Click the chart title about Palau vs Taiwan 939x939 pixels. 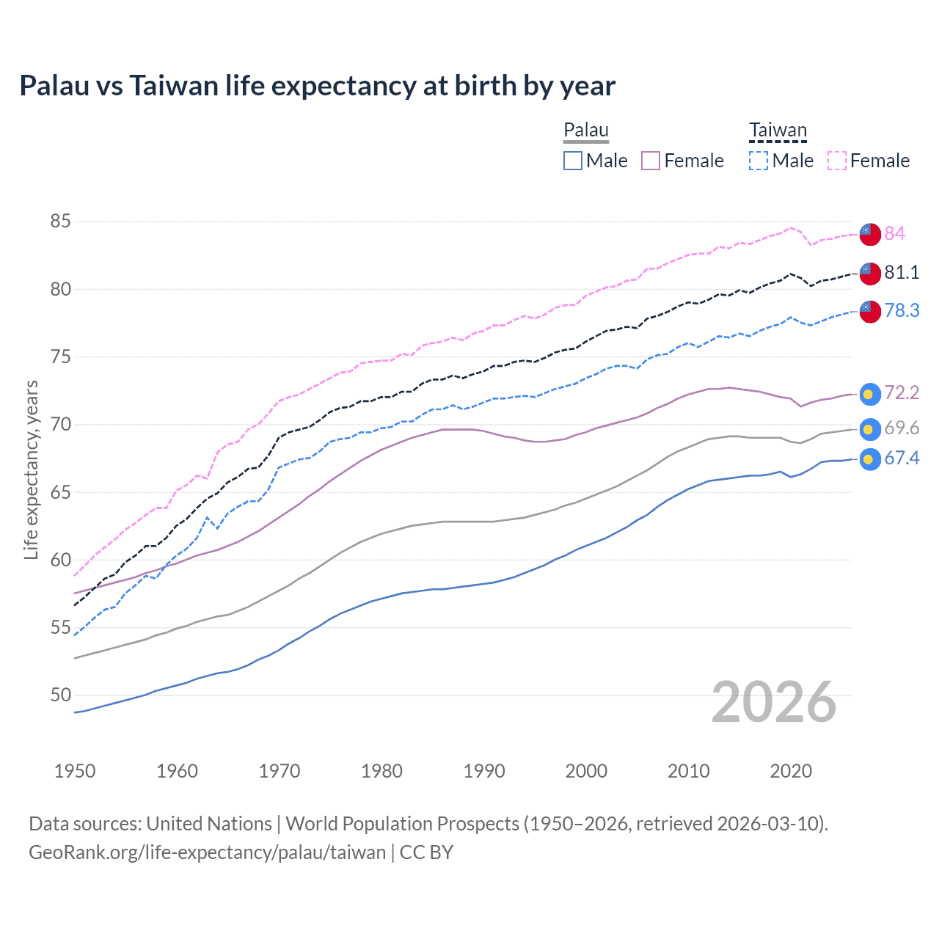317,86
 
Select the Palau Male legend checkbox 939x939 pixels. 573,161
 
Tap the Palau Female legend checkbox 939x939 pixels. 651,161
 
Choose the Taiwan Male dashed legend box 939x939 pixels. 759,161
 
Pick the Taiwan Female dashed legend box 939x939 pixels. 836,161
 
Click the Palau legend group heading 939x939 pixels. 586,131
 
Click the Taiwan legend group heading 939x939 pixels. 778,131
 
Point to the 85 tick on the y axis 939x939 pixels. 61,221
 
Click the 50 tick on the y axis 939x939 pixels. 61,695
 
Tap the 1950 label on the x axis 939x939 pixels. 75,771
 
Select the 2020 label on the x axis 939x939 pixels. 791,771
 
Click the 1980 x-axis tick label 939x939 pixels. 381,771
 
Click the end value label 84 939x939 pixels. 894,233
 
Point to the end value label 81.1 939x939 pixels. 902,272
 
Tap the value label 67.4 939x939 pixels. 902,458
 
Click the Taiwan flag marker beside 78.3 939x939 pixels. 870,311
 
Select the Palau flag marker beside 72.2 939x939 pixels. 870,394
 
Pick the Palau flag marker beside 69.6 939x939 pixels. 870,429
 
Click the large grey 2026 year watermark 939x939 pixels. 774,702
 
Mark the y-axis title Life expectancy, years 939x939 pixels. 31,469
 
